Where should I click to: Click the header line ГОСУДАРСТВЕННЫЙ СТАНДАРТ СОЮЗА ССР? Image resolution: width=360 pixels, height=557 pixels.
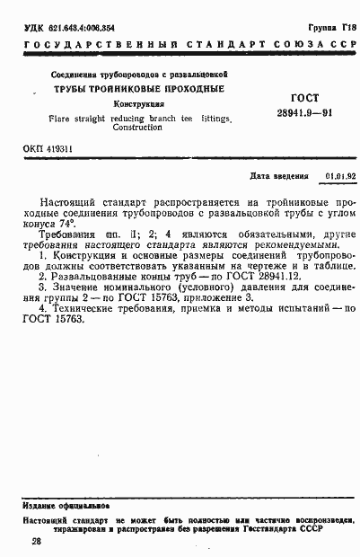point(180,46)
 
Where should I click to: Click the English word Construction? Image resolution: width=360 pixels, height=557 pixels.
point(137,128)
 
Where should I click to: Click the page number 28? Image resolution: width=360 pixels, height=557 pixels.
point(35,541)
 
